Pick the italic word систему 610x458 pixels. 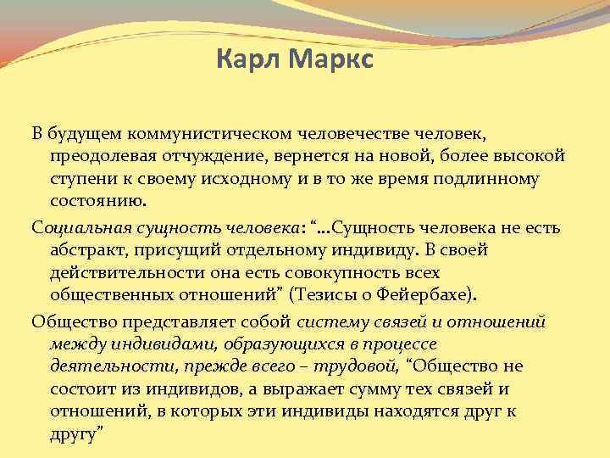coord(331,321)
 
